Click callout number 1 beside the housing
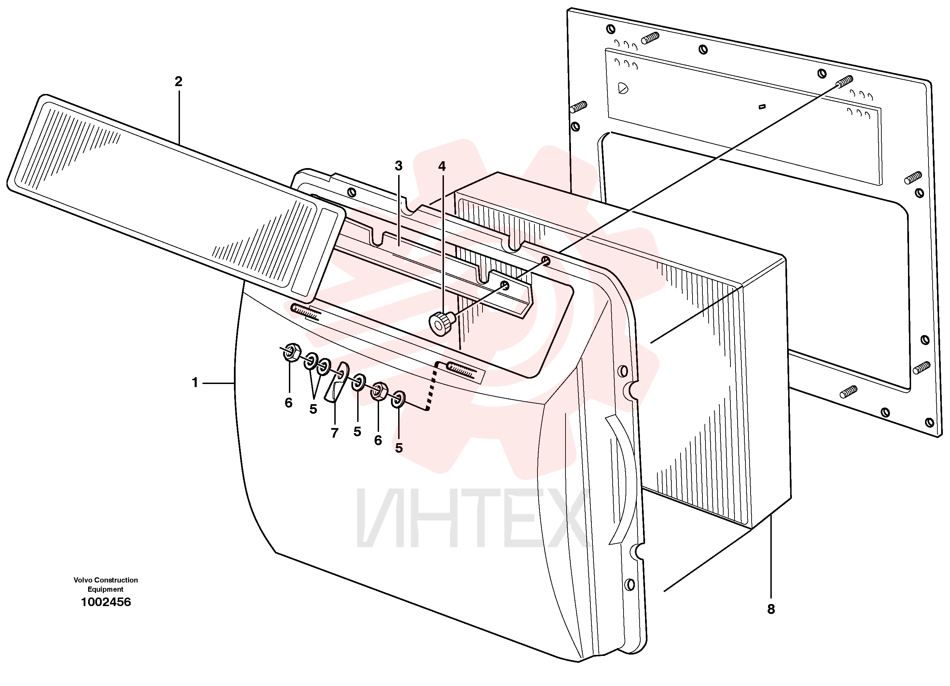coord(195,383)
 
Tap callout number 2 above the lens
coord(179,82)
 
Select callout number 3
coord(399,166)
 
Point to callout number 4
coord(442,166)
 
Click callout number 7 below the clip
coord(334,433)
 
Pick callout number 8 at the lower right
coord(771,609)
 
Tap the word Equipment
coord(106,589)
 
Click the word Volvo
coord(83,580)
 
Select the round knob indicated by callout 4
coord(442,324)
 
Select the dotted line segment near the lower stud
coord(432,386)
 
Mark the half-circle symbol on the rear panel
coord(623,88)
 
